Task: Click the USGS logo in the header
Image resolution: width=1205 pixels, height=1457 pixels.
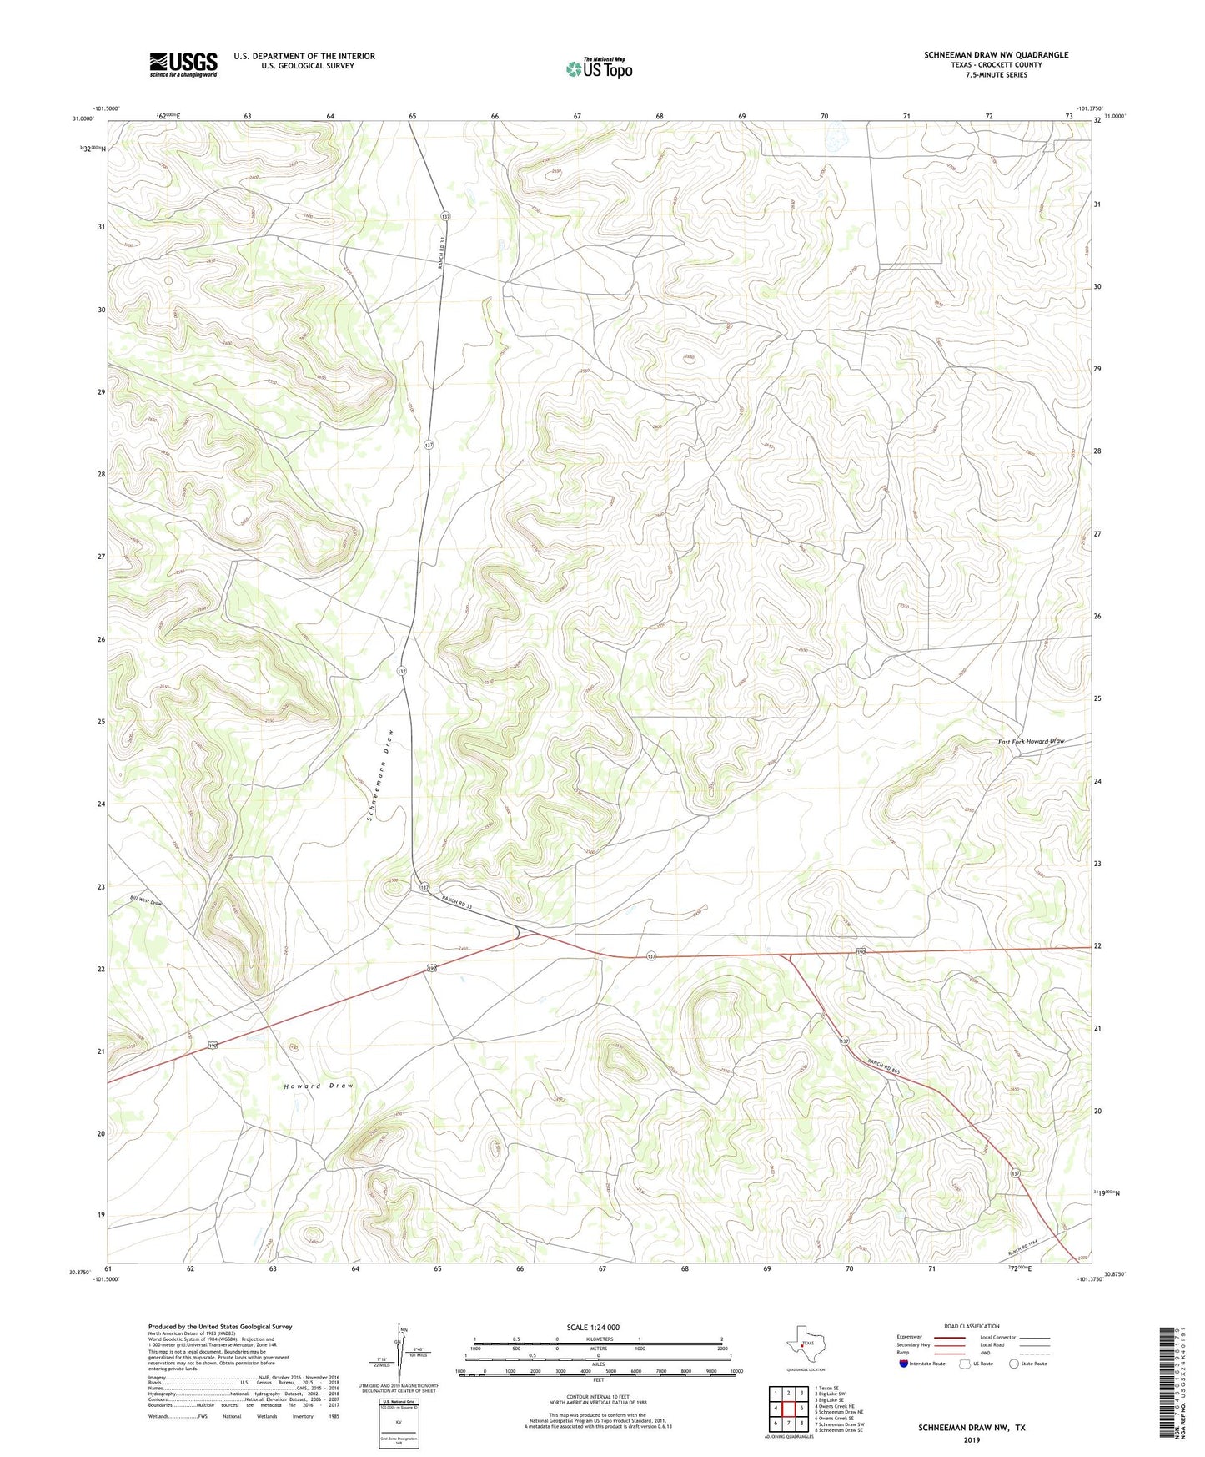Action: [183, 64]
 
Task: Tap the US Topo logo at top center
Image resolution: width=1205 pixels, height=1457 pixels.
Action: [599, 68]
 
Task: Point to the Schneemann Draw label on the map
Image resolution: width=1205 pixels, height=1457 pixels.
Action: [379, 775]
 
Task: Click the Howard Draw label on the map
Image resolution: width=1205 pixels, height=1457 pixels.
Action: [318, 1086]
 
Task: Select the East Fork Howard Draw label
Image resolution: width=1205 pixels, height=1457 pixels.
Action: [1032, 741]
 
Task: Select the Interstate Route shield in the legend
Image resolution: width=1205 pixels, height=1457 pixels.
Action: [904, 1364]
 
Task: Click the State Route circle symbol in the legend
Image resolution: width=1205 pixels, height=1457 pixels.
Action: [1014, 1364]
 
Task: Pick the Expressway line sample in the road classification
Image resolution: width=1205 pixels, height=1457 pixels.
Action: [948, 1337]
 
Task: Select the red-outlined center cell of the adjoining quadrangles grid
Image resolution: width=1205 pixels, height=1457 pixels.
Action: [788, 1408]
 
